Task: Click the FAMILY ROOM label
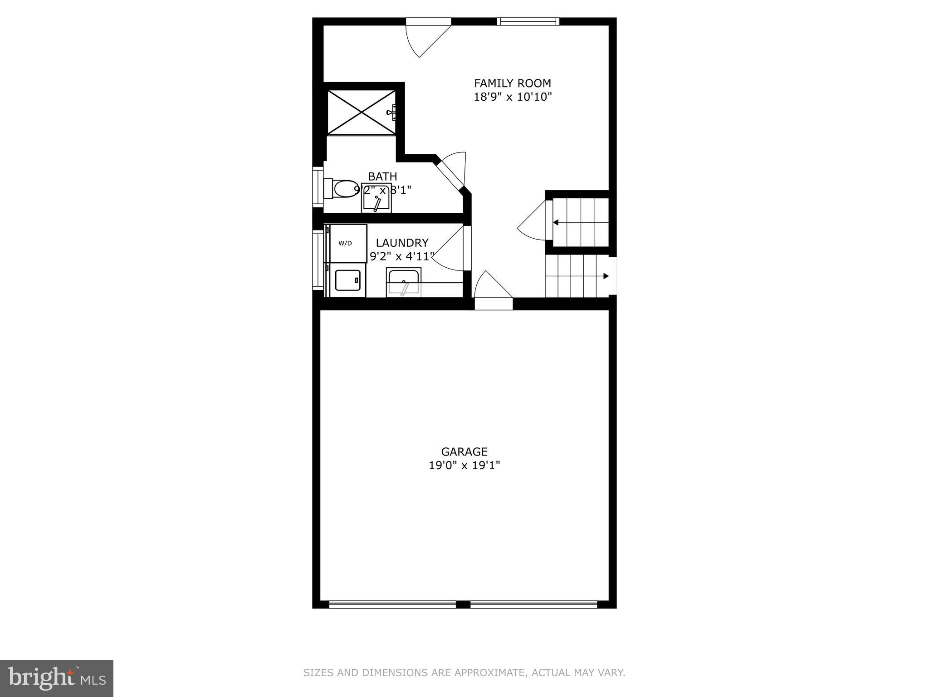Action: coord(513,83)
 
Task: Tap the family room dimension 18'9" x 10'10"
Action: coord(513,97)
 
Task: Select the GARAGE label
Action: coord(464,452)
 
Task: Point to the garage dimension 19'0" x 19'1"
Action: coord(464,466)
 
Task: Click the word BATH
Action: coord(382,177)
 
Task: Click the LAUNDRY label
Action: coord(402,243)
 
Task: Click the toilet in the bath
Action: coord(342,189)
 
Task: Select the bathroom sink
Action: coord(376,200)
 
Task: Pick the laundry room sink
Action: coord(403,282)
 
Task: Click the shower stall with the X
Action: coord(361,112)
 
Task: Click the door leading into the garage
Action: coord(493,290)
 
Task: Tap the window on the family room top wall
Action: coord(528,21)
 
